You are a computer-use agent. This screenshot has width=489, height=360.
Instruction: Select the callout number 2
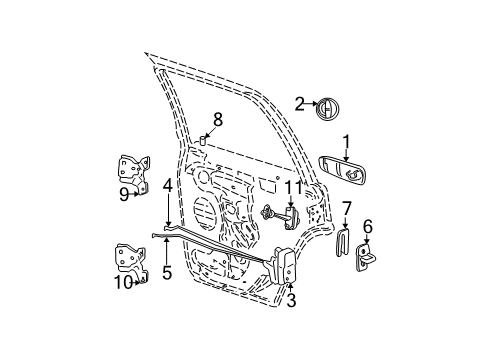(x=299, y=102)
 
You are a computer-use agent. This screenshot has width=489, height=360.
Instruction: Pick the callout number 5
(x=167, y=272)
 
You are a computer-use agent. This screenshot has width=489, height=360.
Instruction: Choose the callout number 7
(x=346, y=207)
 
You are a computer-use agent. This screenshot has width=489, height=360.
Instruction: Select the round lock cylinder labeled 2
(x=326, y=109)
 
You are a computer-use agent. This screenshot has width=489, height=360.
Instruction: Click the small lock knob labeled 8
(x=203, y=141)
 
